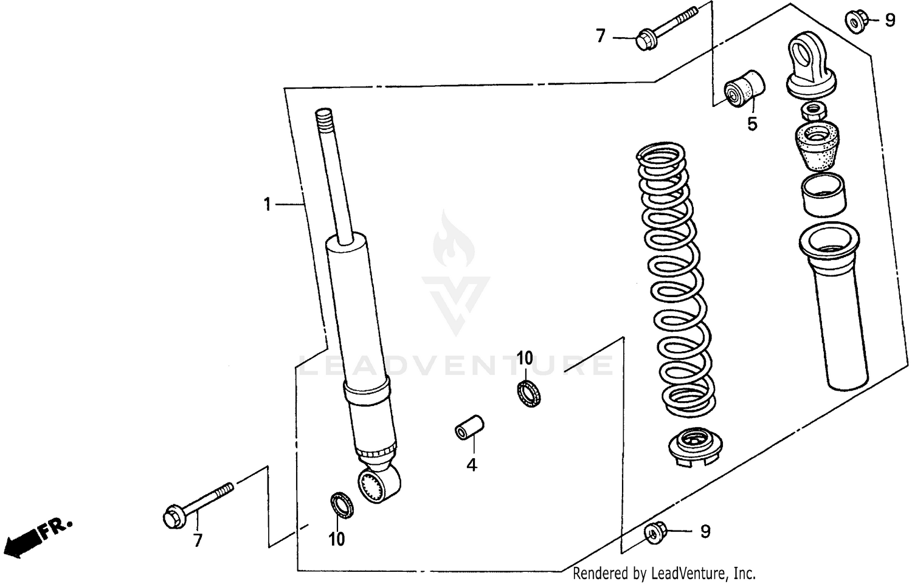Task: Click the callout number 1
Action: [266, 205]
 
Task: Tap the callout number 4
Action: [472, 465]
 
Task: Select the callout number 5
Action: [752, 125]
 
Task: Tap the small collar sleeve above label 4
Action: [469, 427]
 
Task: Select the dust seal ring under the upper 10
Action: [529, 393]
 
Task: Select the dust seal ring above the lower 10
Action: [342, 506]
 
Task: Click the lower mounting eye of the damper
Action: [380, 484]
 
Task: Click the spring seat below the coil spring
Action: [693, 447]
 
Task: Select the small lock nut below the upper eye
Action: [813, 110]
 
